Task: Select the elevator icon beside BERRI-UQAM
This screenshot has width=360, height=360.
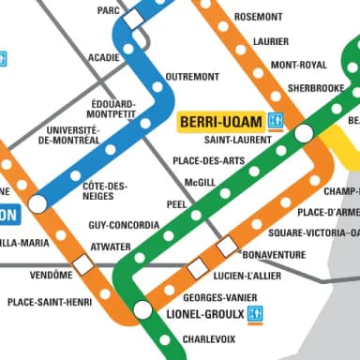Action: point(275,121)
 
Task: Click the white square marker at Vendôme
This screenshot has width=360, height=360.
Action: point(83,264)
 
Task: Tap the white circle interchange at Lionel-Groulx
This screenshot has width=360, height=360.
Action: point(142,308)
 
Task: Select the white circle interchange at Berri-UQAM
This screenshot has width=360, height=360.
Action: point(303,133)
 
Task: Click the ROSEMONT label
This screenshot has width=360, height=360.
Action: point(258,17)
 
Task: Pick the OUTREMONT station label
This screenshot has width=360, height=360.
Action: point(192,76)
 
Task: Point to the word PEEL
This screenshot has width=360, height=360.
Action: point(176,202)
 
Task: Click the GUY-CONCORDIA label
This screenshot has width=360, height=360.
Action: point(125,226)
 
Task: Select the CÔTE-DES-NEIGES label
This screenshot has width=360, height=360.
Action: point(105,191)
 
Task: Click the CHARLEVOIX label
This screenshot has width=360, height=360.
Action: point(208,338)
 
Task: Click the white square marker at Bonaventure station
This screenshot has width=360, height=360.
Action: point(226,247)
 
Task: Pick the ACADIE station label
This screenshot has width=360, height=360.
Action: point(103,57)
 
